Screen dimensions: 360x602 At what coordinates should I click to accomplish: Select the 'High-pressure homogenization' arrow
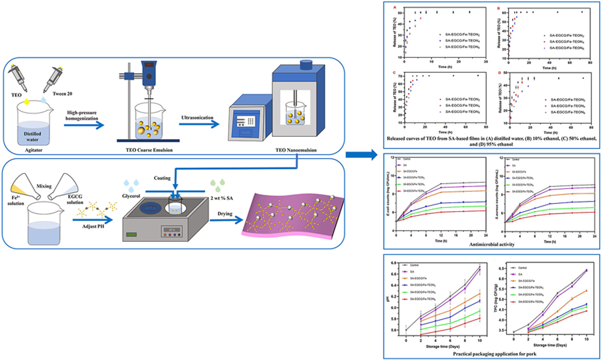pyautogui.click(x=83, y=124)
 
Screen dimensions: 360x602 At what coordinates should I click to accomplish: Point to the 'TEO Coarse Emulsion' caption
pyautogui.click(x=149, y=150)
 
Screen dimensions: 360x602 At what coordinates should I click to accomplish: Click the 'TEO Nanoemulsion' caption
pyautogui.click(x=296, y=150)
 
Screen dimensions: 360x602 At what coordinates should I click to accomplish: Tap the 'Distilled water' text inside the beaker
pyautogui.click(x=32, y=137)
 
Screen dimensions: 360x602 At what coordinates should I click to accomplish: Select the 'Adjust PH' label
pyautogui.click(x=93, y=226)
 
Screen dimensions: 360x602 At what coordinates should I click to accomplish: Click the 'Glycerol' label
pyautogui.click(x=131, y=196)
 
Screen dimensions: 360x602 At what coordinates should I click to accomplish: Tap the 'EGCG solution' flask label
pyautogui.click(x=75, y=199)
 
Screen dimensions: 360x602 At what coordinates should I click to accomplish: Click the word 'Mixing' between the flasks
pyautogui.click(x=44, y=186)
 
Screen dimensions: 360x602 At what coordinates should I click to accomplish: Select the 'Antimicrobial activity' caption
pyautogui.click(x=492, y=245)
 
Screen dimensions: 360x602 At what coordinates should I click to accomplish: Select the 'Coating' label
pyautogui.click(x=162, y=178)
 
